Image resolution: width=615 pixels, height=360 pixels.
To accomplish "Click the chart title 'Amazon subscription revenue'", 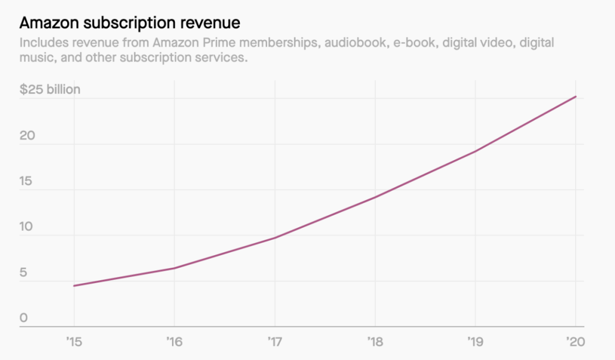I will [x=130, y=23].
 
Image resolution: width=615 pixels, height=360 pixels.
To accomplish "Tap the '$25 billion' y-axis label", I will [x=50, y=89].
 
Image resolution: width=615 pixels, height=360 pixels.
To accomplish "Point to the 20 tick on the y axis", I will [x=27, y=136].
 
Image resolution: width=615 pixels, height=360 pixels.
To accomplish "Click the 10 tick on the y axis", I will [x=26, y=227].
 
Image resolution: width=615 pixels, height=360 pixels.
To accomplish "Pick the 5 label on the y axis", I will [x=23, y=272].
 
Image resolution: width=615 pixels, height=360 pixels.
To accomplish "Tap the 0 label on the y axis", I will [x=23, y=318].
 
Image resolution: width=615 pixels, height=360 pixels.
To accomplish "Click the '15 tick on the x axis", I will [x=74, y=342].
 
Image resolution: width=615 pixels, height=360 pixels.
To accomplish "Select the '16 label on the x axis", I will [x=174, y=342].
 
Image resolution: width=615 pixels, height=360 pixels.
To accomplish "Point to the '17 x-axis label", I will [x=274, y=342].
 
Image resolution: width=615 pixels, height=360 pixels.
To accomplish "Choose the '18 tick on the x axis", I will [x=375, y=342].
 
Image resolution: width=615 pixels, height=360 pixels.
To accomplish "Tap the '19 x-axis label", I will [x=475, y=342].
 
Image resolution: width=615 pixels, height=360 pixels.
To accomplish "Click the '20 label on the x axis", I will [x=576, y=342].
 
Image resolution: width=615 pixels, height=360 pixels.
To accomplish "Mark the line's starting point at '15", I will [x=74, y=285].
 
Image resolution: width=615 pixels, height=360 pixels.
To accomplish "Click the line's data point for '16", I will [x=174, y=268].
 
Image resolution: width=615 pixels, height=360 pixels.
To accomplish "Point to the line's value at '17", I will [x=274, y=238].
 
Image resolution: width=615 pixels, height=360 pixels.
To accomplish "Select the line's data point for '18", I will [x=375, y=197].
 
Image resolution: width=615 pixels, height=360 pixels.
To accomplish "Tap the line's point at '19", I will [x=475, y=152].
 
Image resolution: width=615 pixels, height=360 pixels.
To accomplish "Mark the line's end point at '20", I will [x=576, y=97].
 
